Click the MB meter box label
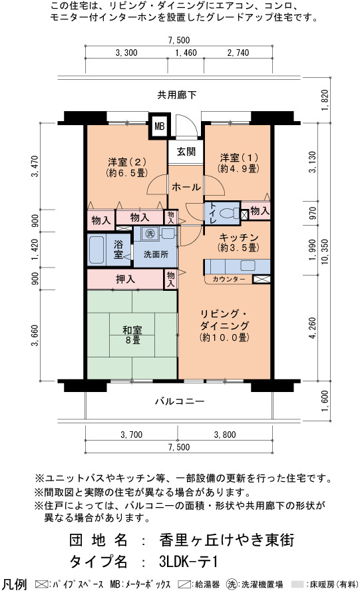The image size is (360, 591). (160, 126)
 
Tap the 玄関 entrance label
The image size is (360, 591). (186, 152)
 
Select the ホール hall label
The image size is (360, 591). (186, 186)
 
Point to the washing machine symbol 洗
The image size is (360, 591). (150, 234)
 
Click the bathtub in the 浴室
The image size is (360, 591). (96, 250)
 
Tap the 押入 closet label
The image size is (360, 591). (125, 280)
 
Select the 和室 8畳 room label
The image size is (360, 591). (132, 335)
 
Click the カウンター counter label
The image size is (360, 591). (229, 280)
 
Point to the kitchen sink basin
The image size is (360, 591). (248, 266)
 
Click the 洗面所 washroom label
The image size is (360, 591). (156, 254)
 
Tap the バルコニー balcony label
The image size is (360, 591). (180, 401)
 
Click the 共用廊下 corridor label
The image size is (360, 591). (177, 95)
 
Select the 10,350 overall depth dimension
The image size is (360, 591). (325, 252)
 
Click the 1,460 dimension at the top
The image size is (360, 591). (186, 53)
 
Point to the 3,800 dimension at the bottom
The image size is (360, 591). (225, 435)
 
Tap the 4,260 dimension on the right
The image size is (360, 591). (313, 328)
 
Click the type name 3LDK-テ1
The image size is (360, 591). (188, 562)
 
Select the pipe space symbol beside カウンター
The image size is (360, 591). (262, 280)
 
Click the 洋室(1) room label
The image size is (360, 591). (239, 163)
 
